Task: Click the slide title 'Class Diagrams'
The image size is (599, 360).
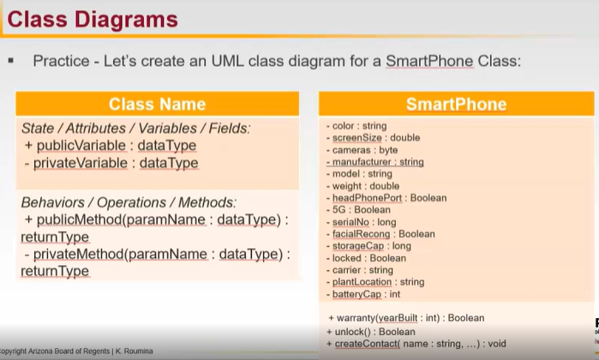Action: (x=93, y=19)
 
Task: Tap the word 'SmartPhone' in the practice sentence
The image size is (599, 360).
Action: (x=429, y=61)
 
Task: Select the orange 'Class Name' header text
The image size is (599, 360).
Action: (x=158, y=104)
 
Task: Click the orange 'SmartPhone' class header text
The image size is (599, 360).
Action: (x=456, y=104)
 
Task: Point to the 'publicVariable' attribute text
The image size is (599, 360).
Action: (x=81, y=145)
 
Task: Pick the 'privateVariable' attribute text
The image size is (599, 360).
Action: (x=81, y=163)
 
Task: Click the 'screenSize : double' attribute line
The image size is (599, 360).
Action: (x=374, y=138)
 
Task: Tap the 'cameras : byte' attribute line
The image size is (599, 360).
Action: (x=362, y=150)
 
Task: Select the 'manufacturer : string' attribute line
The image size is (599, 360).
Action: (x=375, y=162)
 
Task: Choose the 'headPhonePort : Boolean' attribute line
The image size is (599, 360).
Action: (x=386, y=198)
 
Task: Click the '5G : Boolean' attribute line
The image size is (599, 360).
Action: (x=358, y=210)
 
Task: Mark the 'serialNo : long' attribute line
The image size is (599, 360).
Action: (x=362, y=222)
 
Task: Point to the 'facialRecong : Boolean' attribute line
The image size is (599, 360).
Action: (x=380, y=234)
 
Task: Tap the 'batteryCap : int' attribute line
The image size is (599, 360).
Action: (x=363, y=294)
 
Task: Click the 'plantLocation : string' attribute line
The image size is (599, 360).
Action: (x=375, y=282)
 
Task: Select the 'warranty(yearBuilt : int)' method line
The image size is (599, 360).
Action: (x=406, y=318)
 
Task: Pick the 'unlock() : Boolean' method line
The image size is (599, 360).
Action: (x=371, y=332)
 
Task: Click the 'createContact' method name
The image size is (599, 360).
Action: (x=367, y=344)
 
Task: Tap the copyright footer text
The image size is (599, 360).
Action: (x=76, y=351)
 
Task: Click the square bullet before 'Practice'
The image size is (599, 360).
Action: (x=10, y=60)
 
